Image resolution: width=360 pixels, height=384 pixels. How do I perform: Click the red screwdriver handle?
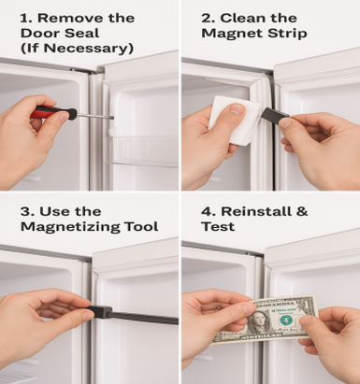[x=55, y=113]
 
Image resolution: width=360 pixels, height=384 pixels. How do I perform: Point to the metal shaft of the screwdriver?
[x=94, y=116]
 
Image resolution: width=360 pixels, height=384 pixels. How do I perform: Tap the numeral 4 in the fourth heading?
[x=207, y=211]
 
